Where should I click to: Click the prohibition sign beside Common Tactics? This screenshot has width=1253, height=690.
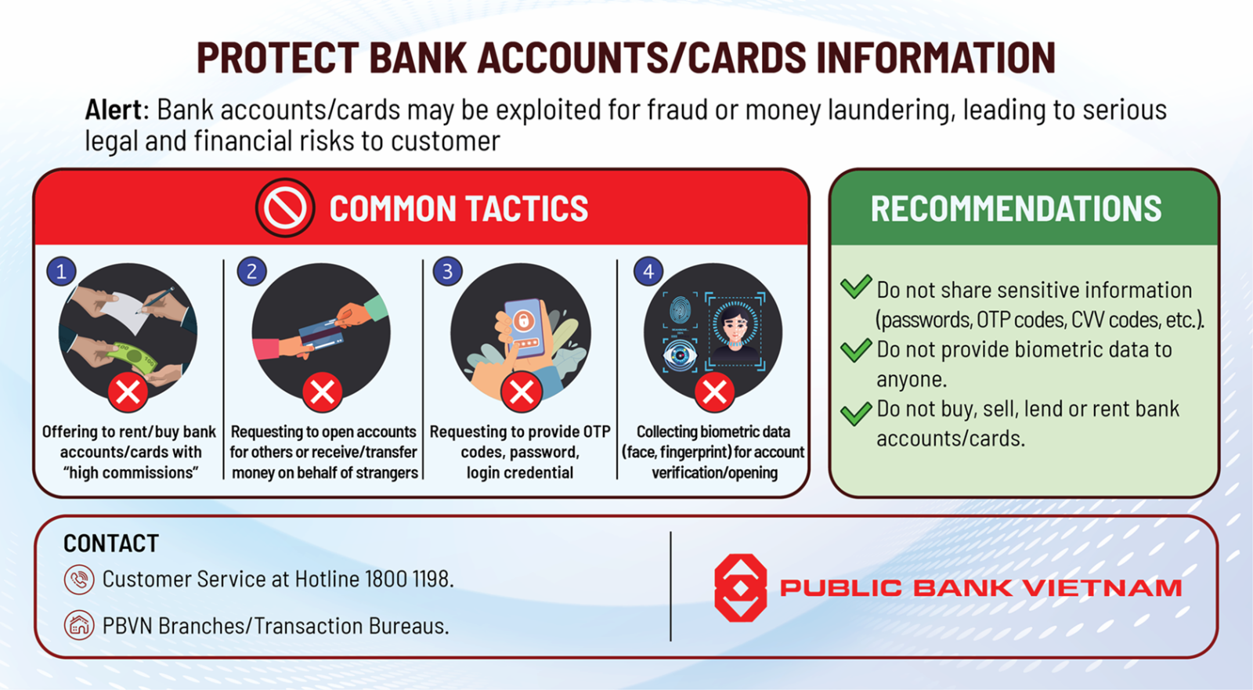285,208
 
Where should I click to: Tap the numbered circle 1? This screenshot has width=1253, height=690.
61,272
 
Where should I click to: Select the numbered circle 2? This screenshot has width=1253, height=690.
251,272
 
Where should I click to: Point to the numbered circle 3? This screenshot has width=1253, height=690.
447,272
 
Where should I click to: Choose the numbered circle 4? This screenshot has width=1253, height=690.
648,272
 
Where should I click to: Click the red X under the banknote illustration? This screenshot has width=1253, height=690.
128,392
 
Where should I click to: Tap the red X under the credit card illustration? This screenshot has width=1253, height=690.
322,392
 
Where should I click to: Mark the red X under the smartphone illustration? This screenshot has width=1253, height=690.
522,392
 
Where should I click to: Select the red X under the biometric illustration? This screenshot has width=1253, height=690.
714,392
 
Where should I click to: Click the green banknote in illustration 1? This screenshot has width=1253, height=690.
132,358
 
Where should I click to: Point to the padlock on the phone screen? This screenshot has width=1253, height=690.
523,320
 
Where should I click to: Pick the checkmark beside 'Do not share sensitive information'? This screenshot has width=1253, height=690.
856,287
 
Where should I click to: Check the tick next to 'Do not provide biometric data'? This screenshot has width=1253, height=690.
856,350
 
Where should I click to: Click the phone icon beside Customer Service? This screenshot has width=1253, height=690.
79,580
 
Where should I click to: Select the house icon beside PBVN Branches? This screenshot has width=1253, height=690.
79,625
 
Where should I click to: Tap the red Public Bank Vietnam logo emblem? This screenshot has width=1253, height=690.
741,587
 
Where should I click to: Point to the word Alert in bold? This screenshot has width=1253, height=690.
114,109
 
